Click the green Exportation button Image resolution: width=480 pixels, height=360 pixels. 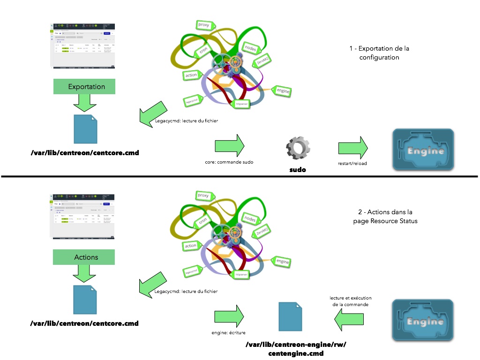click(x=86, y=86)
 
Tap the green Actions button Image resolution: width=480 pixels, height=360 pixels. click(x=86, y=257)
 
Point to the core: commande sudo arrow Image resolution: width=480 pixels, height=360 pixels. click(x=230, y=145)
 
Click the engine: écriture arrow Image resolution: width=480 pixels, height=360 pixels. click(x=230, y=316)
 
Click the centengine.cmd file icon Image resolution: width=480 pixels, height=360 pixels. click(x=291, y=317)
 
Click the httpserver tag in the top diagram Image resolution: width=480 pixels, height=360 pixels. click(x=242, y=103)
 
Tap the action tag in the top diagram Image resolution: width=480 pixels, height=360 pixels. click(x=191, y=75)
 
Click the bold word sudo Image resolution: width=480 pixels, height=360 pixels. click(x=298, y=169)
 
